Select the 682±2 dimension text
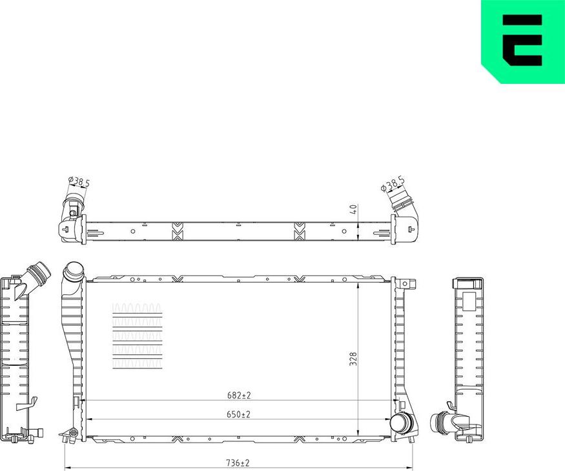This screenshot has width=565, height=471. pos(239,395)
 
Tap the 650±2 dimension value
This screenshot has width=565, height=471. pos(239,414)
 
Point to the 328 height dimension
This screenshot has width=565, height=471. pos(353,359)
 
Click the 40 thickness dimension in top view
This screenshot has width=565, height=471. pos(353,210)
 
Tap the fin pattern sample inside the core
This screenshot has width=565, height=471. pos(137,336)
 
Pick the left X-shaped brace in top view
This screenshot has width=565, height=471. pos(177,230)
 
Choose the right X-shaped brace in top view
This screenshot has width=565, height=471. pos(299,230)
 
